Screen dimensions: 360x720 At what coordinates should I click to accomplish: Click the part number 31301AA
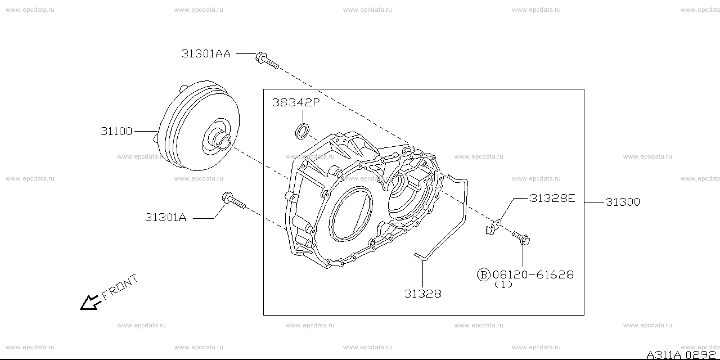pos(206,54)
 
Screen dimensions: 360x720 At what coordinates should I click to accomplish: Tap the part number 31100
pos(116,132)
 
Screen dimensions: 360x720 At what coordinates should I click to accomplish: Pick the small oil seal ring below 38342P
pos(302,132)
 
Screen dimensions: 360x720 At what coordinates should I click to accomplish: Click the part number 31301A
pos(165,218)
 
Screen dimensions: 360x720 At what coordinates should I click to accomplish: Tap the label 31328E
pos(552,198)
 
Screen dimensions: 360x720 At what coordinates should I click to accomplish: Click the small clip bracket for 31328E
pos(493,227)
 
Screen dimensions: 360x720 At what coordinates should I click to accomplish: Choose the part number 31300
pos(623,202)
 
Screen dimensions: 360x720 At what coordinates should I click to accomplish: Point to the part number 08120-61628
pos(533,274)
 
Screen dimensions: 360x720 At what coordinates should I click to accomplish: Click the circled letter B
pos(483,274)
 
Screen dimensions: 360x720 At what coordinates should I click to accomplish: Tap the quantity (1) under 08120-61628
pos(503,285)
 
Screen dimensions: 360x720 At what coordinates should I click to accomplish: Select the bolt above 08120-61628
pos(521,238)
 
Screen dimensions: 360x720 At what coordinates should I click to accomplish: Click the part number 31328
pos(422,294)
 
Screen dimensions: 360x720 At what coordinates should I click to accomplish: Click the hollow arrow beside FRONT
pos(89,303)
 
